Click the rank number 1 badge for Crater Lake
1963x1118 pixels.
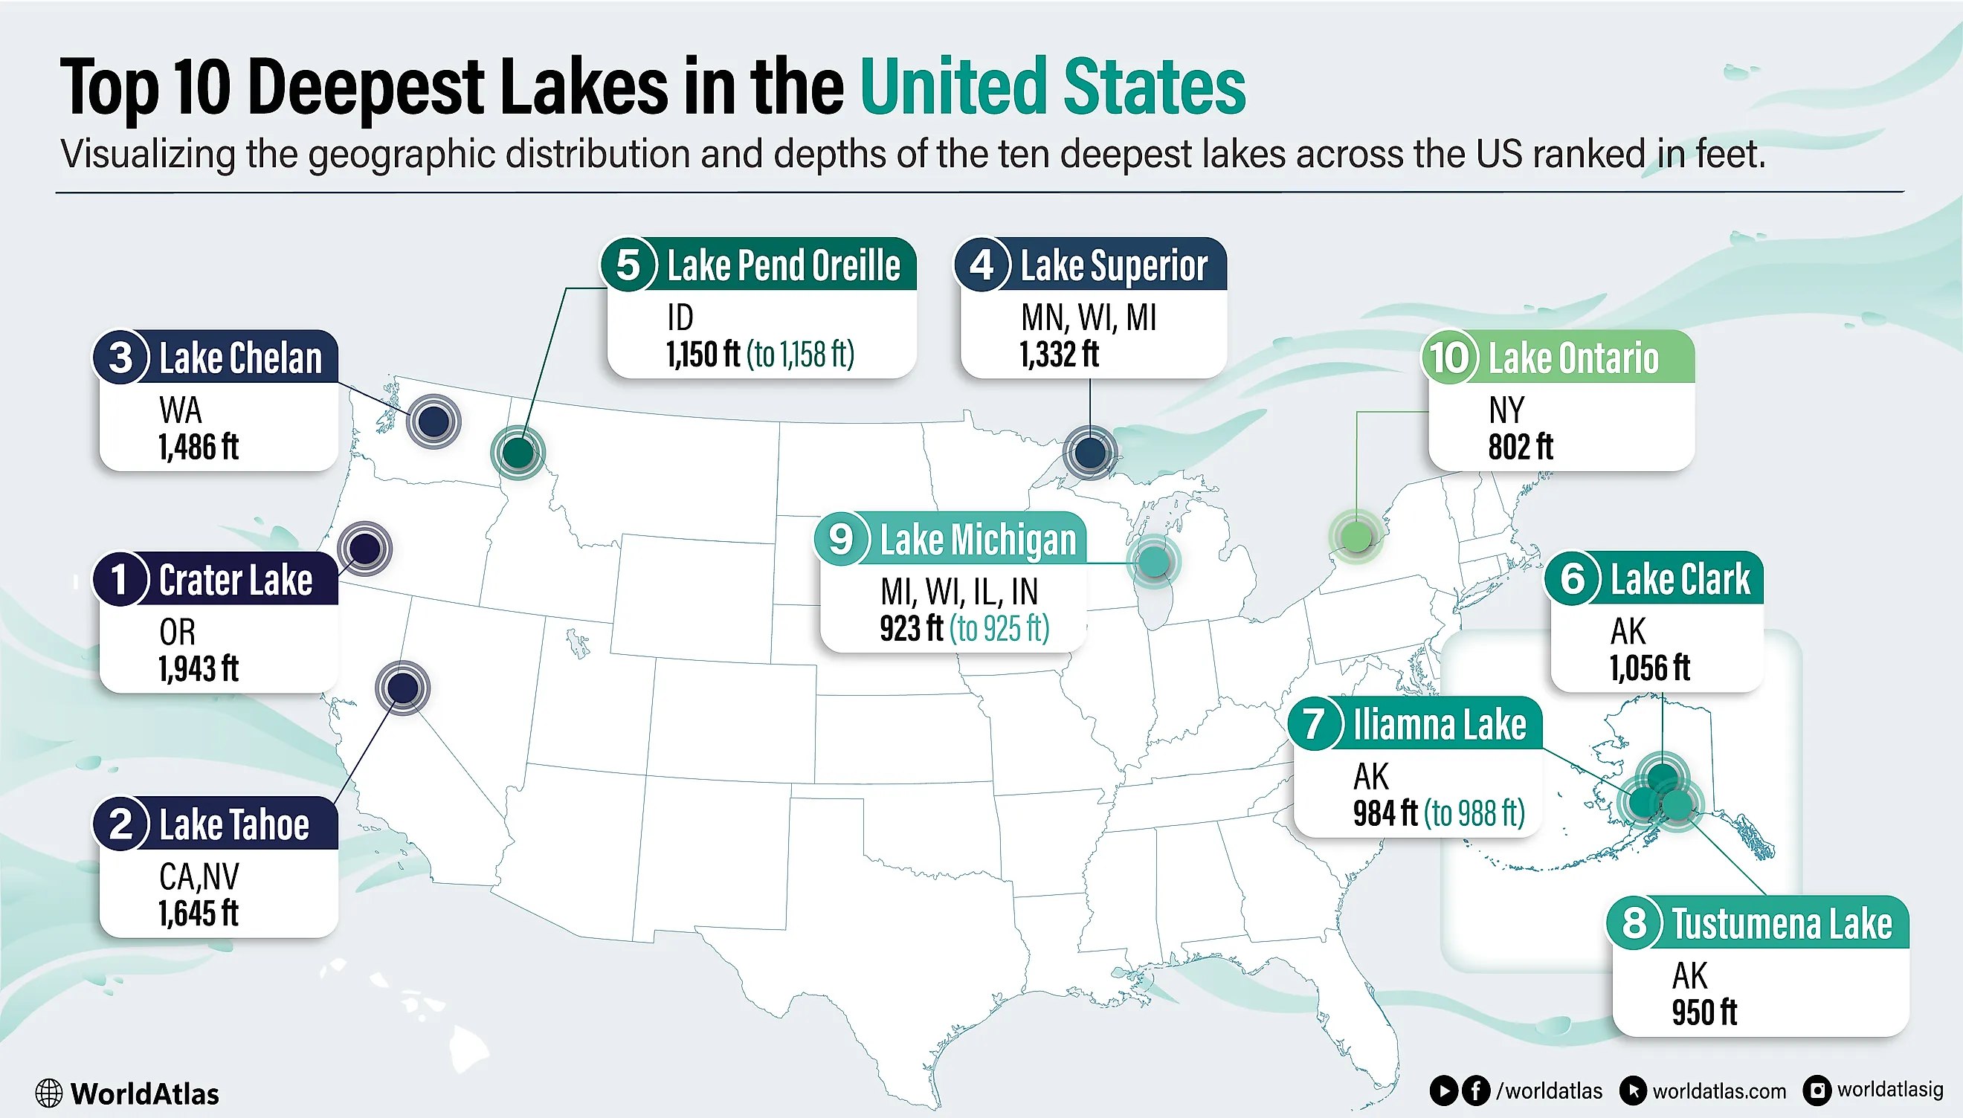coord(120,579)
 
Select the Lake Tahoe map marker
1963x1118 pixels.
coord(402,688)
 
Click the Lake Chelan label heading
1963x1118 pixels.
coord(239,358)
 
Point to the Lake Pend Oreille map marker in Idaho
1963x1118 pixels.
coord(518,452)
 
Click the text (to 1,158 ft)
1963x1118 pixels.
coord(800,355)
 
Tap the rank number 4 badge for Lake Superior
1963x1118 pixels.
coord(981,265)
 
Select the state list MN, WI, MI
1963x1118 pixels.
coord(1088,317)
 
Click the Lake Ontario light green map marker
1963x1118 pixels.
coord(1356,536)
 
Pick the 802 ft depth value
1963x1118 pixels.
coord(1520,447)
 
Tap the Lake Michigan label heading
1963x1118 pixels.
coord(977,540)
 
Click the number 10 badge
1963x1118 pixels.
coord(1449,358)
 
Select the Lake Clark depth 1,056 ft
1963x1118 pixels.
coord(1649,668)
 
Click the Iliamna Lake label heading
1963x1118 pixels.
coord(1439,725)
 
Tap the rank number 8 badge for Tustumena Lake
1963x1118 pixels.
coord(1634,922)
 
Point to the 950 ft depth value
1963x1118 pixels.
coord(1703,1012)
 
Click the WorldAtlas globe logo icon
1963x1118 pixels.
coord(48,1093)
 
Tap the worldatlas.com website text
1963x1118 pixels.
coord(1718,1091)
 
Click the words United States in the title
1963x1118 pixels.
coord(1052,87)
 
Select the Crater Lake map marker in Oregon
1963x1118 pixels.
coord(365,549)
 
